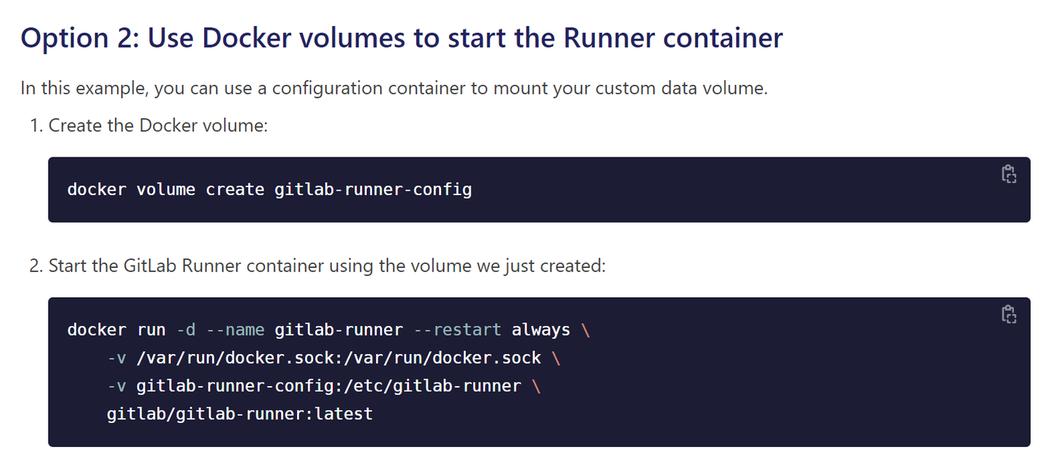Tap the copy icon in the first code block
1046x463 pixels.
pyautogui.click(x=1008, y=174)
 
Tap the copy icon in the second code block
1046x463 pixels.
pyautogui.click(x=1008, y=314)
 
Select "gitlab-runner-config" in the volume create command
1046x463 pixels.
pyautogui.click(x=373, y=190)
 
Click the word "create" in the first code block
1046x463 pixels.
pyautogui.click(x=235, y=190)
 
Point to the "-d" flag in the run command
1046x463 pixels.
pyautogui.click(x=186, y=330)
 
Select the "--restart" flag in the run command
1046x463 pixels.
pyautogui.click(x=457, y=330)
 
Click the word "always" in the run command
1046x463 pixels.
pyautogui.click(x=541, y=330)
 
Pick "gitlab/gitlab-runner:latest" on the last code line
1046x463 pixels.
pyautogui.click(x=240, y=414)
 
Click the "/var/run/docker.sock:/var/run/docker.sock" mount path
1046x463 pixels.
pyautogui.click(x=338, y=358)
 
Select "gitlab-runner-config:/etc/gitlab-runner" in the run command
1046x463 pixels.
pyautogui.click(x=328, y=386)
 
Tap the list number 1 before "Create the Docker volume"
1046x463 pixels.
pyautogui.click(x=35, y=126)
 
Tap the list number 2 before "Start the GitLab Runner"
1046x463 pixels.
pyautogui.click(x=35, y=266)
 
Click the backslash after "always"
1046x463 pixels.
pyautogui.click(x=586, y=330)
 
